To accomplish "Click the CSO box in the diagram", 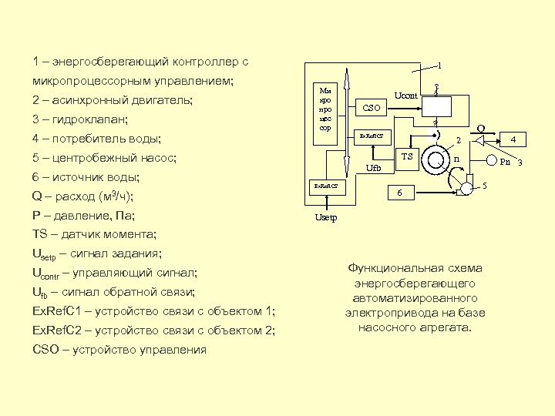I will (372, 109).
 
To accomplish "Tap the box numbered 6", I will (399, 193).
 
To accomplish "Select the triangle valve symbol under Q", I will (479, 140).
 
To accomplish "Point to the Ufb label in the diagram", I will (374, 167).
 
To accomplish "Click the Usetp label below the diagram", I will (325, 218).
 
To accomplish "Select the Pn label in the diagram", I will (505, 162).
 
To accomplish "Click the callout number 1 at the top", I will (439, 65).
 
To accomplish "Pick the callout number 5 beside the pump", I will (484, 185).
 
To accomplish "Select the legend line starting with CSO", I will (119, 350).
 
